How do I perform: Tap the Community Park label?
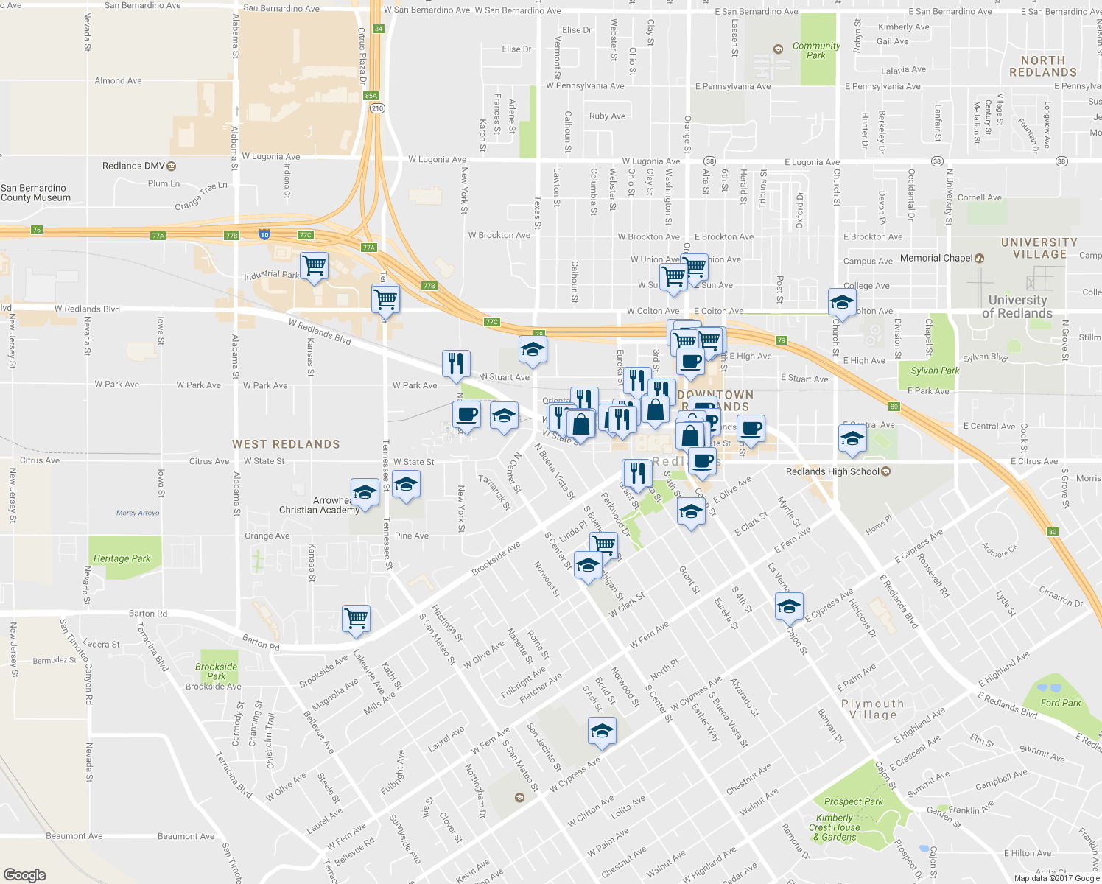click(x=816, y=50)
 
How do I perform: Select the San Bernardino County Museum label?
click(x=35, y=193)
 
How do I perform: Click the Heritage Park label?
click(x=122, y=558)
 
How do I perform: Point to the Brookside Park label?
click(x=216, y=671)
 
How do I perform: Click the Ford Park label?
click(x=1060, y=703)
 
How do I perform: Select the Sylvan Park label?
click(x=935, y=371)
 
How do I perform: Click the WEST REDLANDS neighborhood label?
click(x=286, y=444)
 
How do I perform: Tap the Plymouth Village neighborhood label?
click(x=873, y=709)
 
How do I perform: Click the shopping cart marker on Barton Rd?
click(x=356, y=618)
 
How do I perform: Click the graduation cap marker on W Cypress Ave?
click(x=602, y=730)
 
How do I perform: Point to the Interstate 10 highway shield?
click(x=264, y=234)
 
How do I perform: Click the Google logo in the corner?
click(x=24, y=874)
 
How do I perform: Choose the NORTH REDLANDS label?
click(x=1042, y=66)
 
